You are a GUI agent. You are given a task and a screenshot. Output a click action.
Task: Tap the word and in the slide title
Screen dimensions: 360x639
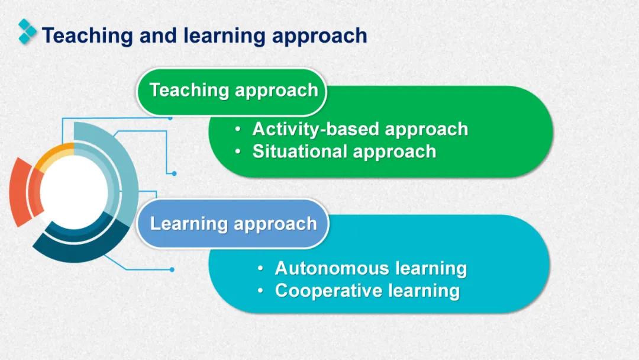[159, 36]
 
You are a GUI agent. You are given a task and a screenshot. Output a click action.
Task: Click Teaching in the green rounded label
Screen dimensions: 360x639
[189, 91]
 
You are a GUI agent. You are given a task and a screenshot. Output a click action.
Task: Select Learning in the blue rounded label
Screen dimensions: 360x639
[189, 224]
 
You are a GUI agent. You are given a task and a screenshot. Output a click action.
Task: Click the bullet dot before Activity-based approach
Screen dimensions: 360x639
[238, 129]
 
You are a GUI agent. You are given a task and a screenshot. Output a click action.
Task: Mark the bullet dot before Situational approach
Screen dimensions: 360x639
[238, 152]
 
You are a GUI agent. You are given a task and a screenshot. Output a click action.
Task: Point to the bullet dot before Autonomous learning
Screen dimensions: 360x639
[260, 269]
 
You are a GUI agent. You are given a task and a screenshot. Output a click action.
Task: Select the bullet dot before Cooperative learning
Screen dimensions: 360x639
[260, 291]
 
